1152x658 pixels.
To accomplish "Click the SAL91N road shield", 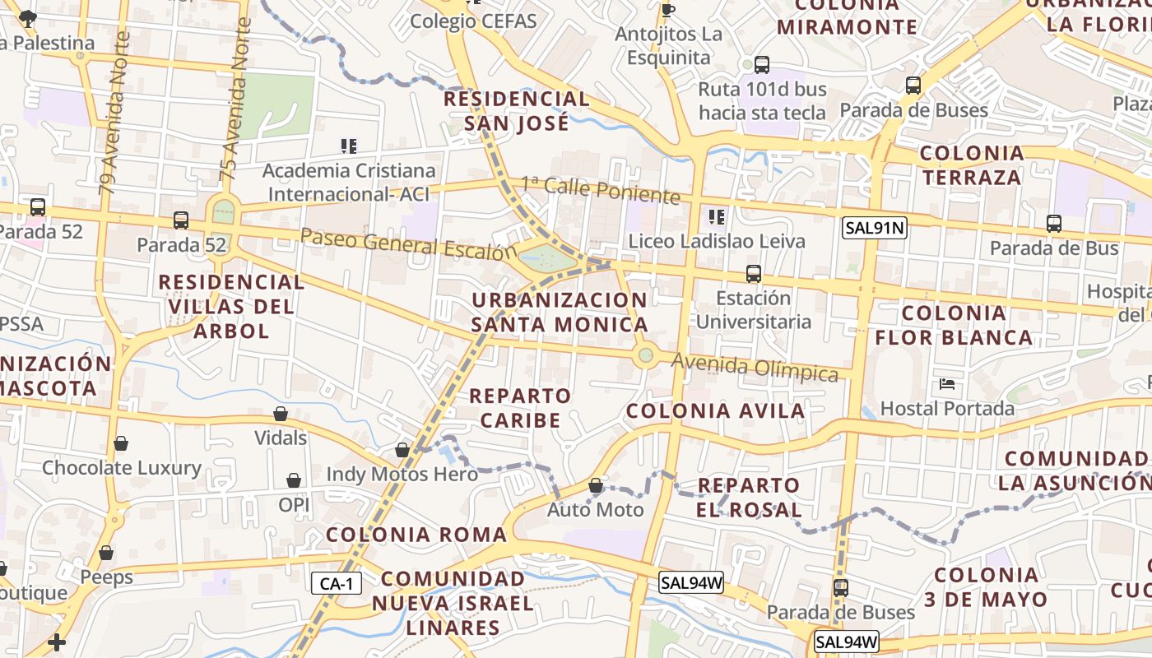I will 874,228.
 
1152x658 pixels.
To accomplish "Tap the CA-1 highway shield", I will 337,584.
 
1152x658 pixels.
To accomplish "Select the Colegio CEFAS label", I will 473,21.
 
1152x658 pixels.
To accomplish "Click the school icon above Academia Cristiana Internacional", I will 349,146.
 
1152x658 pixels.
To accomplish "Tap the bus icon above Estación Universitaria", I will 753,274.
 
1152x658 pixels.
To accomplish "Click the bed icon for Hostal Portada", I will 947,384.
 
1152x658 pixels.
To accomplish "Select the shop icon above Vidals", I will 281,414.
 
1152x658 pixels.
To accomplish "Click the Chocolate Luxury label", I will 122,468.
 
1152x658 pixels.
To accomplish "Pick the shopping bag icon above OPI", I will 293,480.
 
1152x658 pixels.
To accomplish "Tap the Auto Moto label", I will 596,510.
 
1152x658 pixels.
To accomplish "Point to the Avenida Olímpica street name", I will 755,367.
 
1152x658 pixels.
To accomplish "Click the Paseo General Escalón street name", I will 409,244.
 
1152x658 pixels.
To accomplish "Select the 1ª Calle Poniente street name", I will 601,190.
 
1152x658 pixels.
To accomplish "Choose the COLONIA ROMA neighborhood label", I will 416,535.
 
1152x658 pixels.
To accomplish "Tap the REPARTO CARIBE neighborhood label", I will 520,408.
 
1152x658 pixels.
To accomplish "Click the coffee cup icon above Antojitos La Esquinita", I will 667,10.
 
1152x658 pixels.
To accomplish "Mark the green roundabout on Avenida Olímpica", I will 646,356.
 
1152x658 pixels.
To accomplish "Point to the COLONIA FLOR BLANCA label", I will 954,325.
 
